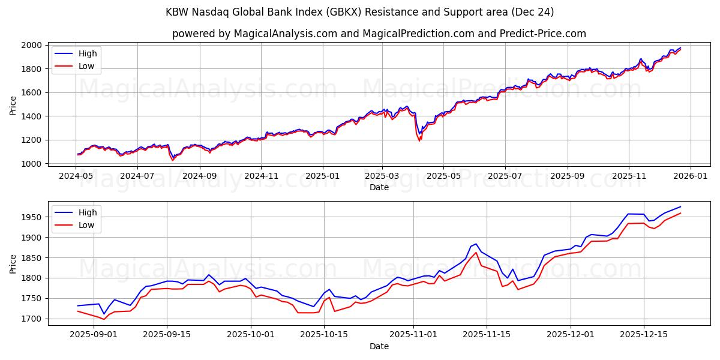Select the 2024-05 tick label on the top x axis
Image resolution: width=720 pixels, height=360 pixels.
pyautogui.click(x=76, y=177)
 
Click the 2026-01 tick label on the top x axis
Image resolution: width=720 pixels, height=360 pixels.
pyautogui.click(x=690, y=177)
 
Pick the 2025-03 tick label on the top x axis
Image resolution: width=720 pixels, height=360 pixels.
pyautogui.click(x=382, y=177)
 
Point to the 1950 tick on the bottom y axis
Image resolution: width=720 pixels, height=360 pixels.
pyautogui.click(x=33, y=217)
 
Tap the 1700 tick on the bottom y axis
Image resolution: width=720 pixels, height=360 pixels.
pyautogui.click(x=33, y=319)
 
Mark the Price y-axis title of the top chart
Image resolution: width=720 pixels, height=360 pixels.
pyautogui.click(x=13, y=105)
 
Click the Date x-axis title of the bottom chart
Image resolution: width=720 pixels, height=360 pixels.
pyautogui.click(x=379, y=346)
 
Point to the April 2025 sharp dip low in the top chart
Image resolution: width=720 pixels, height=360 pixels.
pyautogui.click(x=419, y=140)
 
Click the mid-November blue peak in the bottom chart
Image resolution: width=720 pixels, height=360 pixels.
pyautogui.click(x=476, y=244)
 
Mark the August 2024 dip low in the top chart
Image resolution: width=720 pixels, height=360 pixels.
pyautogui.click(x=173, y=160)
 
